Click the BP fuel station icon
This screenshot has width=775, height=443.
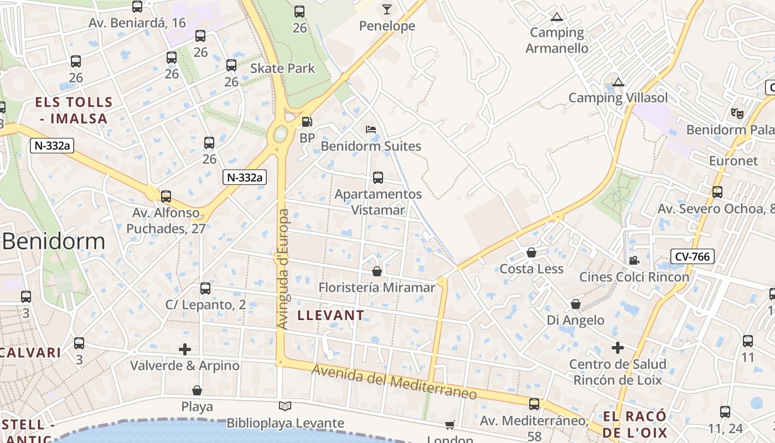(x=307, y=121)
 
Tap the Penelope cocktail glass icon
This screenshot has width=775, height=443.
(x=386, y=9)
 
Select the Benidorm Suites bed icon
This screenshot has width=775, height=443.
(x=371, y=130)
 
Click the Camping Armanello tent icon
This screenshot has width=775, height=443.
(x=556, y=17)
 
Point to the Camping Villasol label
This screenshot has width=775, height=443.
(x=618, y=98)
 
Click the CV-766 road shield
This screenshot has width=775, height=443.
(x=692, y=256)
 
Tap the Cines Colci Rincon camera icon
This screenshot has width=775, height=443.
(x=634, y=260)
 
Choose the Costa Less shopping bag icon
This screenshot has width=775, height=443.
(x=531, y=253)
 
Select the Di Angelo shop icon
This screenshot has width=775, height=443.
(x=576, y=304)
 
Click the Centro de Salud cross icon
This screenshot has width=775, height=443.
(x=618, y=348)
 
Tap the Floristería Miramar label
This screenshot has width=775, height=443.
(x=377, y=287)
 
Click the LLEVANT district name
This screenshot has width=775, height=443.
(x=331, y=316)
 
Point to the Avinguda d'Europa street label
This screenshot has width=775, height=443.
(x=283, y=269)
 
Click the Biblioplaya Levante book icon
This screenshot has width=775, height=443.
(x=285, y=406)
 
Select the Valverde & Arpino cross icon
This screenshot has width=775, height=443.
(x=185, y=349)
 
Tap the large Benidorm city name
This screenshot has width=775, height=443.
(x=54, y=241)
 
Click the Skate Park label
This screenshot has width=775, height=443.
(x=282, y=69)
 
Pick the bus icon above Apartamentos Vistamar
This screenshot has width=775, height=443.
(x=378, y=178)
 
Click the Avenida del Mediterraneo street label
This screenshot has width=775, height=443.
(x=394, y=382)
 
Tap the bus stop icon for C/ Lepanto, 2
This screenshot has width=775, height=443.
(x=205, y=289)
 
